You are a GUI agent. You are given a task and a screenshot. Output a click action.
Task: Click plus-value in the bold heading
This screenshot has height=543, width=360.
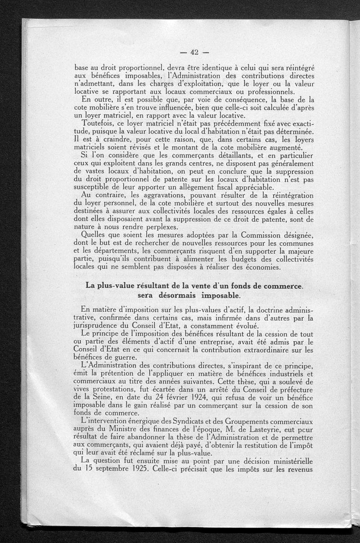[x=114, y=285]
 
